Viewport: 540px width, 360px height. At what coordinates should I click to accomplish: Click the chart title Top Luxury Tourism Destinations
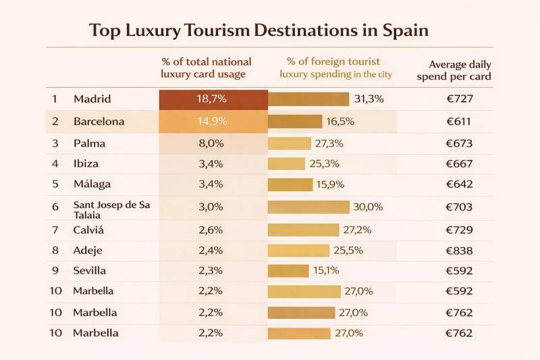(x=259, y=30)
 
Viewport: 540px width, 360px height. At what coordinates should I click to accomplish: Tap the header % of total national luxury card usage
(x=206, y=68)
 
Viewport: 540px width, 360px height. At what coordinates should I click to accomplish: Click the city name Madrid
(x=92, y=99)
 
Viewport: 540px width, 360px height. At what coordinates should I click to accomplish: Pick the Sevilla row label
(x=90, y=271)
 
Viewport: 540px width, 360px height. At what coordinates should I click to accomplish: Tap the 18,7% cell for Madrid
(x=211, y=99)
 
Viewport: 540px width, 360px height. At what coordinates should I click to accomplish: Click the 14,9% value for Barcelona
(x=211, y=122)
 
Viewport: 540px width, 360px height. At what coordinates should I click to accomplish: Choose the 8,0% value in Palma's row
(x=211, y=143)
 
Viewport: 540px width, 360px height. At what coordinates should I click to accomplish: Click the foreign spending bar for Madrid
(x=308, y=99)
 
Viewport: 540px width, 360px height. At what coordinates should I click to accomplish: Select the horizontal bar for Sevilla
(x=288, y=271)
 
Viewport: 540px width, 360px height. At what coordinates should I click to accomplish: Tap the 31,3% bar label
(x=369, y=99)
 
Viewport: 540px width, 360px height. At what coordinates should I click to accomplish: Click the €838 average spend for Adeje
(x=460, y=251)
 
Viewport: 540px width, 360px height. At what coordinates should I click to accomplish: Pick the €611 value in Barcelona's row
(x=460, y=122)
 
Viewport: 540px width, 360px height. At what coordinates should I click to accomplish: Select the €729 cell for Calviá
(x=460, y=230)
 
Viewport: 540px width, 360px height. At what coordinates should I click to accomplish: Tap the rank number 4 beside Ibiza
(x=55, y=163)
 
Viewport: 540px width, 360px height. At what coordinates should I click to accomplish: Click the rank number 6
(x=55, y=207)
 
